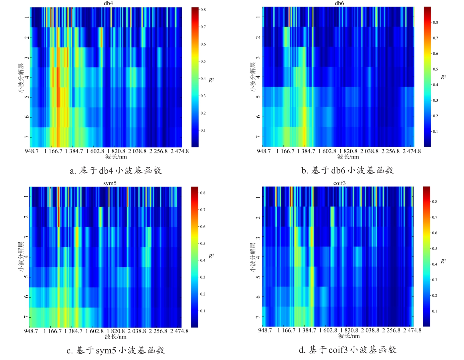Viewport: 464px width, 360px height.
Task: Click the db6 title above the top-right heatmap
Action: point(339,3)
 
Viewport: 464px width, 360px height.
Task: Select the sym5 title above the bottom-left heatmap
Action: point(110,183)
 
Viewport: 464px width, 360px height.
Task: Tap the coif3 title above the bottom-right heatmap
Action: point(339,183)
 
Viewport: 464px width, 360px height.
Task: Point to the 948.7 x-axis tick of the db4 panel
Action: point(31,151)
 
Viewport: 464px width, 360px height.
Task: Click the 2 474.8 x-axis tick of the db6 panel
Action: point(412,151)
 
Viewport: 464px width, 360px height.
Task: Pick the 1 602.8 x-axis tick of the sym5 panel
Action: point(94,331)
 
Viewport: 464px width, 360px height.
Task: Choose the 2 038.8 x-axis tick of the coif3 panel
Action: point(370,331)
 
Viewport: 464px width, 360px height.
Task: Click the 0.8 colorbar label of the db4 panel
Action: point(203,10)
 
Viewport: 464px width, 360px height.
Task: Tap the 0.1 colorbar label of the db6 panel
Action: point(435,132)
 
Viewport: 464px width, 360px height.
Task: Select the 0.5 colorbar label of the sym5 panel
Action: point(203,244)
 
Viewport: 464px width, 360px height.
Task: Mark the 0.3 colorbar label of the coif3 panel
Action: point(435,280)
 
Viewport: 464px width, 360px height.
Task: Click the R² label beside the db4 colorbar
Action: point(211,80)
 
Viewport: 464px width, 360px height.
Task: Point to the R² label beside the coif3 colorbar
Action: point(443,261)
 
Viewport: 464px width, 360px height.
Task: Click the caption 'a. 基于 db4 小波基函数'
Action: point(116,171)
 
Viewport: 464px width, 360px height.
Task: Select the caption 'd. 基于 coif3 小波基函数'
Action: point(347,350)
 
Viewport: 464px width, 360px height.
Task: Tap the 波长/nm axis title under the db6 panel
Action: point(348,157)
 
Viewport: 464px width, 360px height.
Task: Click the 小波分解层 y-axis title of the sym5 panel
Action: point(21,257)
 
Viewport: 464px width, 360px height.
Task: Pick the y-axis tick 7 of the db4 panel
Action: point(27,137)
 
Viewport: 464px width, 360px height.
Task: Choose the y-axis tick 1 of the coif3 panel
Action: point(258,197)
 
